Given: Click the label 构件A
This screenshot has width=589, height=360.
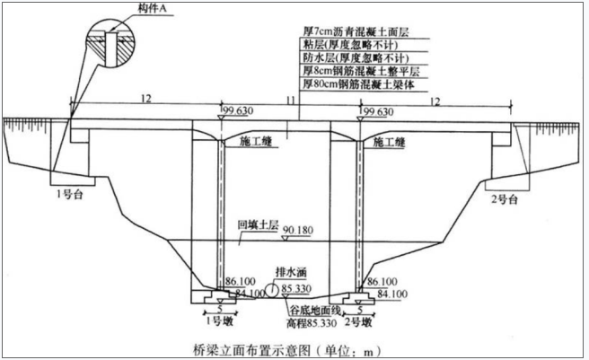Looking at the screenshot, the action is pyautogui.click(x=152, y=9).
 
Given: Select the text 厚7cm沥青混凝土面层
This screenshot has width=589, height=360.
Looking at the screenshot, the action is pyautogui.click(x=356, y=31).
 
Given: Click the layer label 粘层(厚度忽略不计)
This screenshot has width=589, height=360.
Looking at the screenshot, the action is pyautogui.click(x=350, y=45).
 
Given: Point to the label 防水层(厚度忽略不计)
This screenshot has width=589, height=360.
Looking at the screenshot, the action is pyautogui.click(x=356, y=57).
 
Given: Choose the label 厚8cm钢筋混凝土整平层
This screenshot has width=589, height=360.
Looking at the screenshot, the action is pyautogui.click(x=361, y=71).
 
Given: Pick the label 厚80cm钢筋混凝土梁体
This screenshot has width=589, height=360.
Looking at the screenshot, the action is pyautogui.click(x=359, y=84).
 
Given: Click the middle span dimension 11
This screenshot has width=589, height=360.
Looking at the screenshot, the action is pyautogui.click(x=291, y=101).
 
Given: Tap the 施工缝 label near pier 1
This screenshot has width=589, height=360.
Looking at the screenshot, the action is pyautogui.click(x=255, y=141).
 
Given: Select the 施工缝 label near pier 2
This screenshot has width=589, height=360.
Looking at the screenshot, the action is pyautogui.click(x=389, y=142).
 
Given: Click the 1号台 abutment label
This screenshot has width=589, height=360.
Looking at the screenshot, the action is pyautogui.click(x=70, y=195).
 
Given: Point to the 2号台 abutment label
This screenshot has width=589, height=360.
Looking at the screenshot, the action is pyautogui.click(x=505, y=198).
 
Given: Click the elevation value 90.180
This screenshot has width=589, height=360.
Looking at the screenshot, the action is pyautogui.click(x=297, y=230).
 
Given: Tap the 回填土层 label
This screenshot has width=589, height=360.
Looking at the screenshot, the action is pyautogui.click(x=258, y=225).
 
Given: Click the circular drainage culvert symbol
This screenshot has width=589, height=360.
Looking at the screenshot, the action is pyautogui.click(x=271, y=290).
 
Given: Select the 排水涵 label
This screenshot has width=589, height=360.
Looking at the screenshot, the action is pyautogui.click(x=291, y=272).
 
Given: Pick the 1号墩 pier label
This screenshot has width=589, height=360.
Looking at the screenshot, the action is pyautogui.click(x=220, y=321).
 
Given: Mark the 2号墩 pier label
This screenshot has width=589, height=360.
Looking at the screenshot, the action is pyautogui.click(x=358, y=322).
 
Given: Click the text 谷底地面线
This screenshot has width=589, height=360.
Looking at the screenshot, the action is pyautogui.click(x=315, y=312).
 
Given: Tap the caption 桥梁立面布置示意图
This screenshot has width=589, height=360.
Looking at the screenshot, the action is pyautogui.click(x=251, y=350).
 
